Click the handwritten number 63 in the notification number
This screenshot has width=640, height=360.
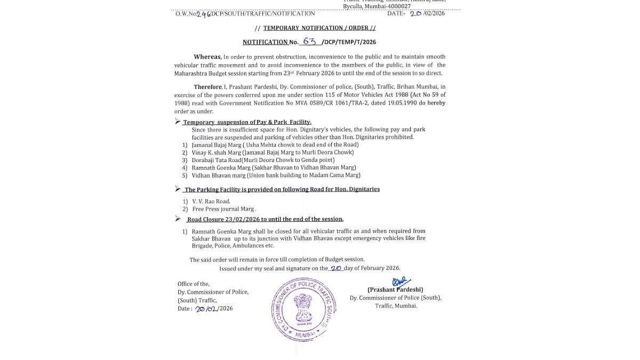pos(310,41)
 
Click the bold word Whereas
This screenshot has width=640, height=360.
pos(207,57)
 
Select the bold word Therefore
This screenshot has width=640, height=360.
pos(208,86)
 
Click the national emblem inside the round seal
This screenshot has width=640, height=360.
pos(301,307)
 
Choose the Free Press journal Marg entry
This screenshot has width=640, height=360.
pos(224,209)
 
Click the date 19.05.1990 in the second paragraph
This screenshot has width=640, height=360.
pos(399,102)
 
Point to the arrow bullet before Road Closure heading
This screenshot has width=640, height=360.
pos(178,219)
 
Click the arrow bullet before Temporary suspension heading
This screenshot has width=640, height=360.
pos(178,122)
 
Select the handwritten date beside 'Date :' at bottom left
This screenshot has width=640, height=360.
pos(206,309)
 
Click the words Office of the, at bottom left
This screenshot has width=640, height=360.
pos(194,284)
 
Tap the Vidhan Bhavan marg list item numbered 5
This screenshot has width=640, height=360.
pos(276,175)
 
